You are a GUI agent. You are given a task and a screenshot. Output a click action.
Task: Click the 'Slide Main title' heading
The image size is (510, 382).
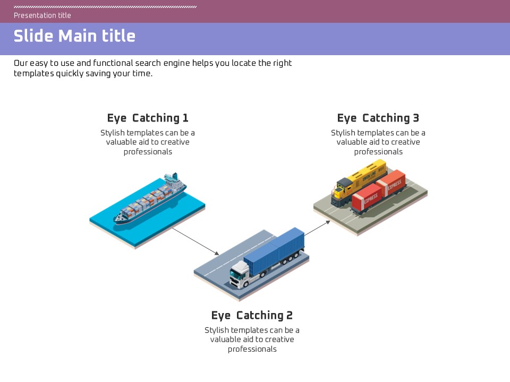click(74, 36)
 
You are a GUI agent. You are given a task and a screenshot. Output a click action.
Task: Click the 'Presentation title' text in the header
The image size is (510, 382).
click(42, 15)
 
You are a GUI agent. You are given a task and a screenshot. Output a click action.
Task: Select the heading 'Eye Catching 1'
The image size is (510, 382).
click(148, 118)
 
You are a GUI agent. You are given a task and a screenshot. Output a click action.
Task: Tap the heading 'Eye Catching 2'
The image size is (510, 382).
click(252, 316)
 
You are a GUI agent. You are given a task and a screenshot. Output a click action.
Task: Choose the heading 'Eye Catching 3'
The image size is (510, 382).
click(378, 118)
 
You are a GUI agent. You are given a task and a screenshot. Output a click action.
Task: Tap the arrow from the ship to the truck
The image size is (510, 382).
click(195, 241)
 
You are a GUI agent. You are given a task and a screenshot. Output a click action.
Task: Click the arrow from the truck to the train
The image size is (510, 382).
click(317, 228)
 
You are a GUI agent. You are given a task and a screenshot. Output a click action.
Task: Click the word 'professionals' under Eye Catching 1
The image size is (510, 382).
click(148, 152)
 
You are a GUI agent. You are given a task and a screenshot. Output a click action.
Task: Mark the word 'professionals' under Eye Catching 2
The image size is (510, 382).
click(252, 349)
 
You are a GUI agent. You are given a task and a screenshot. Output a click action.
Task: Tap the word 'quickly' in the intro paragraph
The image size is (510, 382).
click(73, 74)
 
